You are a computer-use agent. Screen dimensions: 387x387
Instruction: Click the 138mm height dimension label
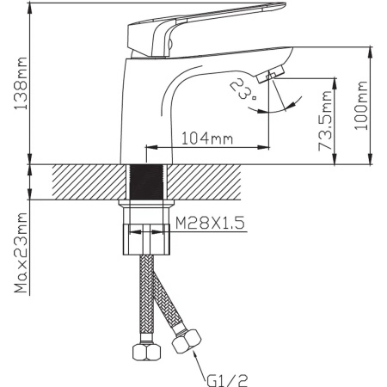pos(21,83)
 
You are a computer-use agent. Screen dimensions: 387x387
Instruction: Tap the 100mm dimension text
pos(360,106)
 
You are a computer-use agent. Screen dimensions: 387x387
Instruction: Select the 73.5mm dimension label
pos(325,121)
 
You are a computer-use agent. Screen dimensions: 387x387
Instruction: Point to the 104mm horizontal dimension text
pos(207,138)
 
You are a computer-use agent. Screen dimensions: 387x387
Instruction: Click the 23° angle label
pos(243,89)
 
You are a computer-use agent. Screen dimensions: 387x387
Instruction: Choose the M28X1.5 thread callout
pos(210,223)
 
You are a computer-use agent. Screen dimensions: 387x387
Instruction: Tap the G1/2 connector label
pos(227,381)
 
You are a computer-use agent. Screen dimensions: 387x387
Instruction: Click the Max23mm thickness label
pos(21,253)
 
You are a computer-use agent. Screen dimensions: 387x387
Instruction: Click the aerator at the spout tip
pos(271,74)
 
